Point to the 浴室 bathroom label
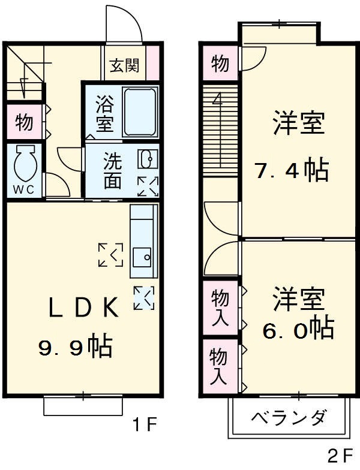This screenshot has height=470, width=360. (x=104, y=113)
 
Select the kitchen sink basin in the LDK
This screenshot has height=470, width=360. (x=143, y=257)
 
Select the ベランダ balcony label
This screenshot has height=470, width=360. (x=288, y=417)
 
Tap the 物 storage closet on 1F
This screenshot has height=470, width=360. (x=24, y=122)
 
